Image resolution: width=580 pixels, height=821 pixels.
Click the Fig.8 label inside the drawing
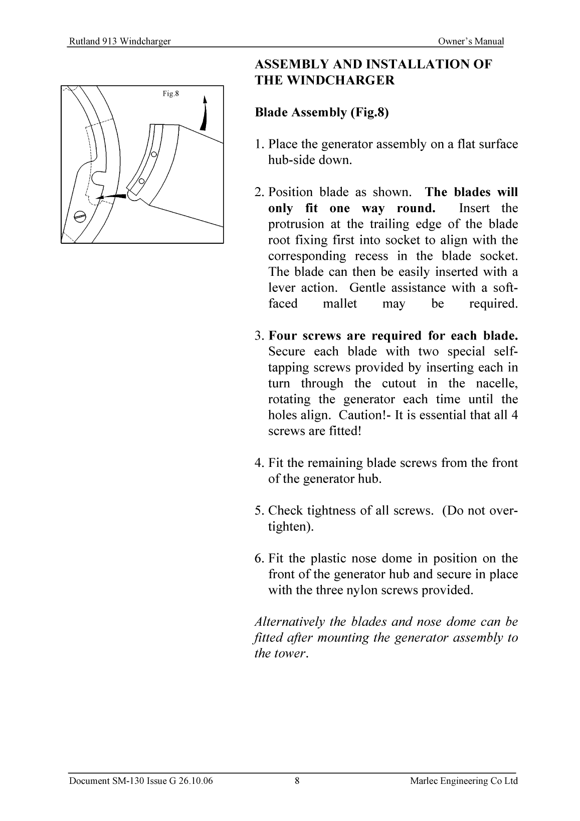171,93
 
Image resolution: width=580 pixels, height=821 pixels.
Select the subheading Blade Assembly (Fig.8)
322,112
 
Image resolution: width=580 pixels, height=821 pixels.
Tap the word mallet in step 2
340,304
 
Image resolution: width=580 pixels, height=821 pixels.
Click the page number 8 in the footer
297,781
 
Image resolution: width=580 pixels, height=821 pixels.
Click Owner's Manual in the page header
470,42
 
